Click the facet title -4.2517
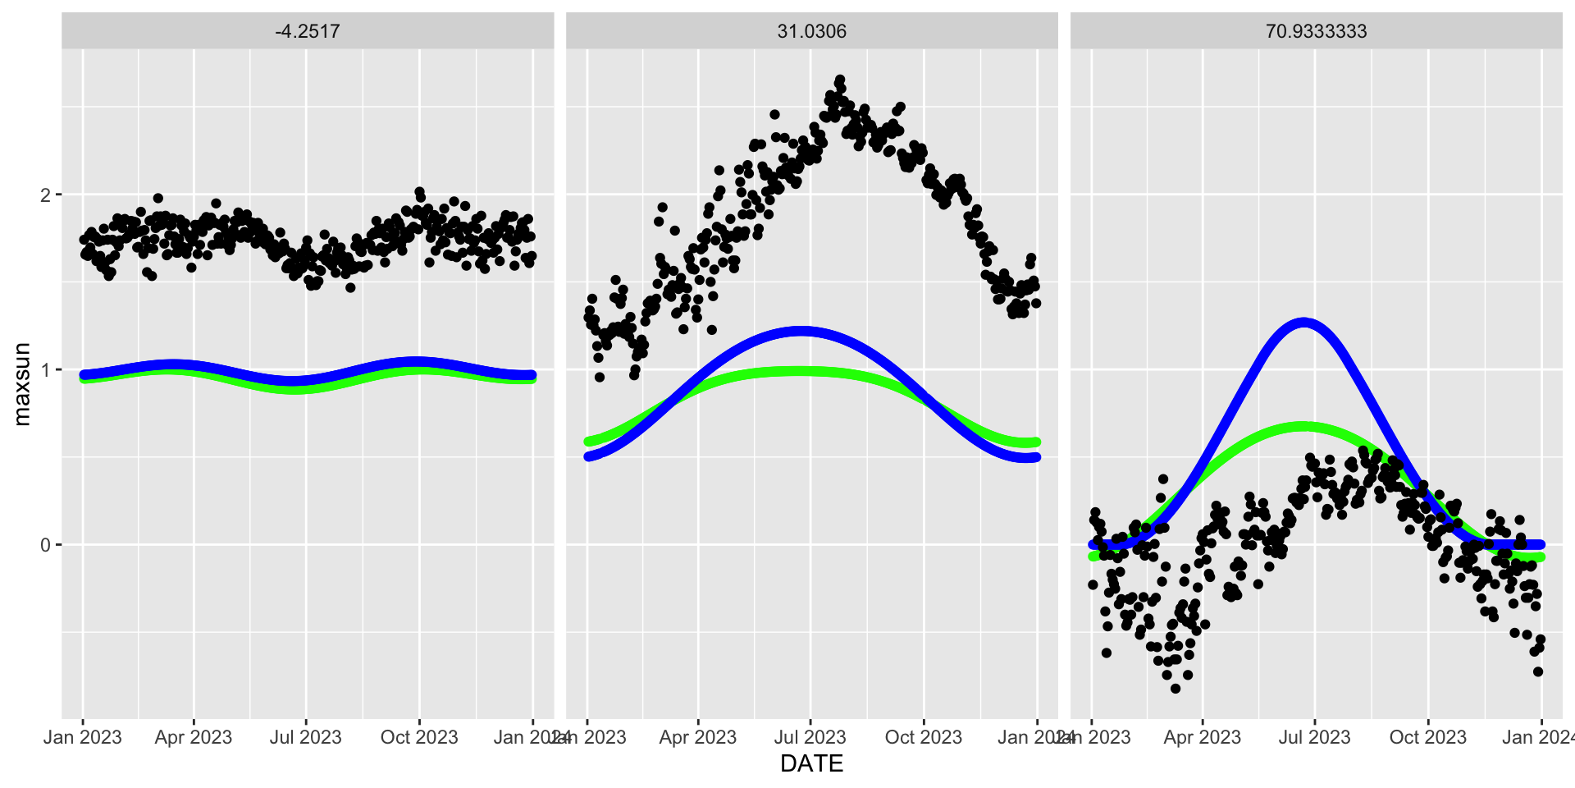click(x=308, y=31)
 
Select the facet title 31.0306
click(x=811, y=31)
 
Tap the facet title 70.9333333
click(x=1316, y=31)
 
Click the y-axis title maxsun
click(x=22, y=383)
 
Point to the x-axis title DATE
click(x=811, y=763)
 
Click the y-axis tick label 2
click(x=45, y=195)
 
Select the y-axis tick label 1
click(x=45, y=370)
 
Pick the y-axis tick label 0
click(x=45, y=545)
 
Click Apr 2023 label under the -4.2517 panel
click(x=194, y=737)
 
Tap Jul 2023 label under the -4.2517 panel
click(x=306, y=737)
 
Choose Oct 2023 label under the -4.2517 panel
click(x=419, y=737)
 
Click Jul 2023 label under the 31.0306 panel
click(x=810, y=737)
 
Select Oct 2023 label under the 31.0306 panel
click(x=924, y=737)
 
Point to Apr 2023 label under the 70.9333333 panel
click(x=1203, y=737)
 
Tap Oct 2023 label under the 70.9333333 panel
click(x=1428, y=737)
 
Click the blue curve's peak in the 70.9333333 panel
click(x=1303, y=323)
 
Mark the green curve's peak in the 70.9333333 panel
click(x=1303, y=427)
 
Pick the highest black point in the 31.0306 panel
click(x=839, y=80)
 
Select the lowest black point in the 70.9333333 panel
click(x=1176, y=689)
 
